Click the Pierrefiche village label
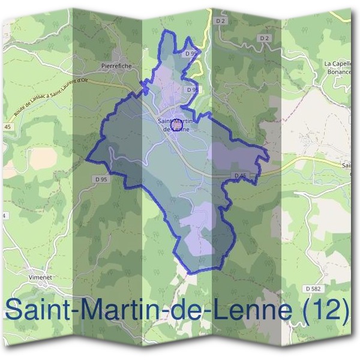116,66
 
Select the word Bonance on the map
338,71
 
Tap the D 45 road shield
240,175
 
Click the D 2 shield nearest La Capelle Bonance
264,38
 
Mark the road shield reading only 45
7,127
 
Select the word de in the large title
175,311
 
